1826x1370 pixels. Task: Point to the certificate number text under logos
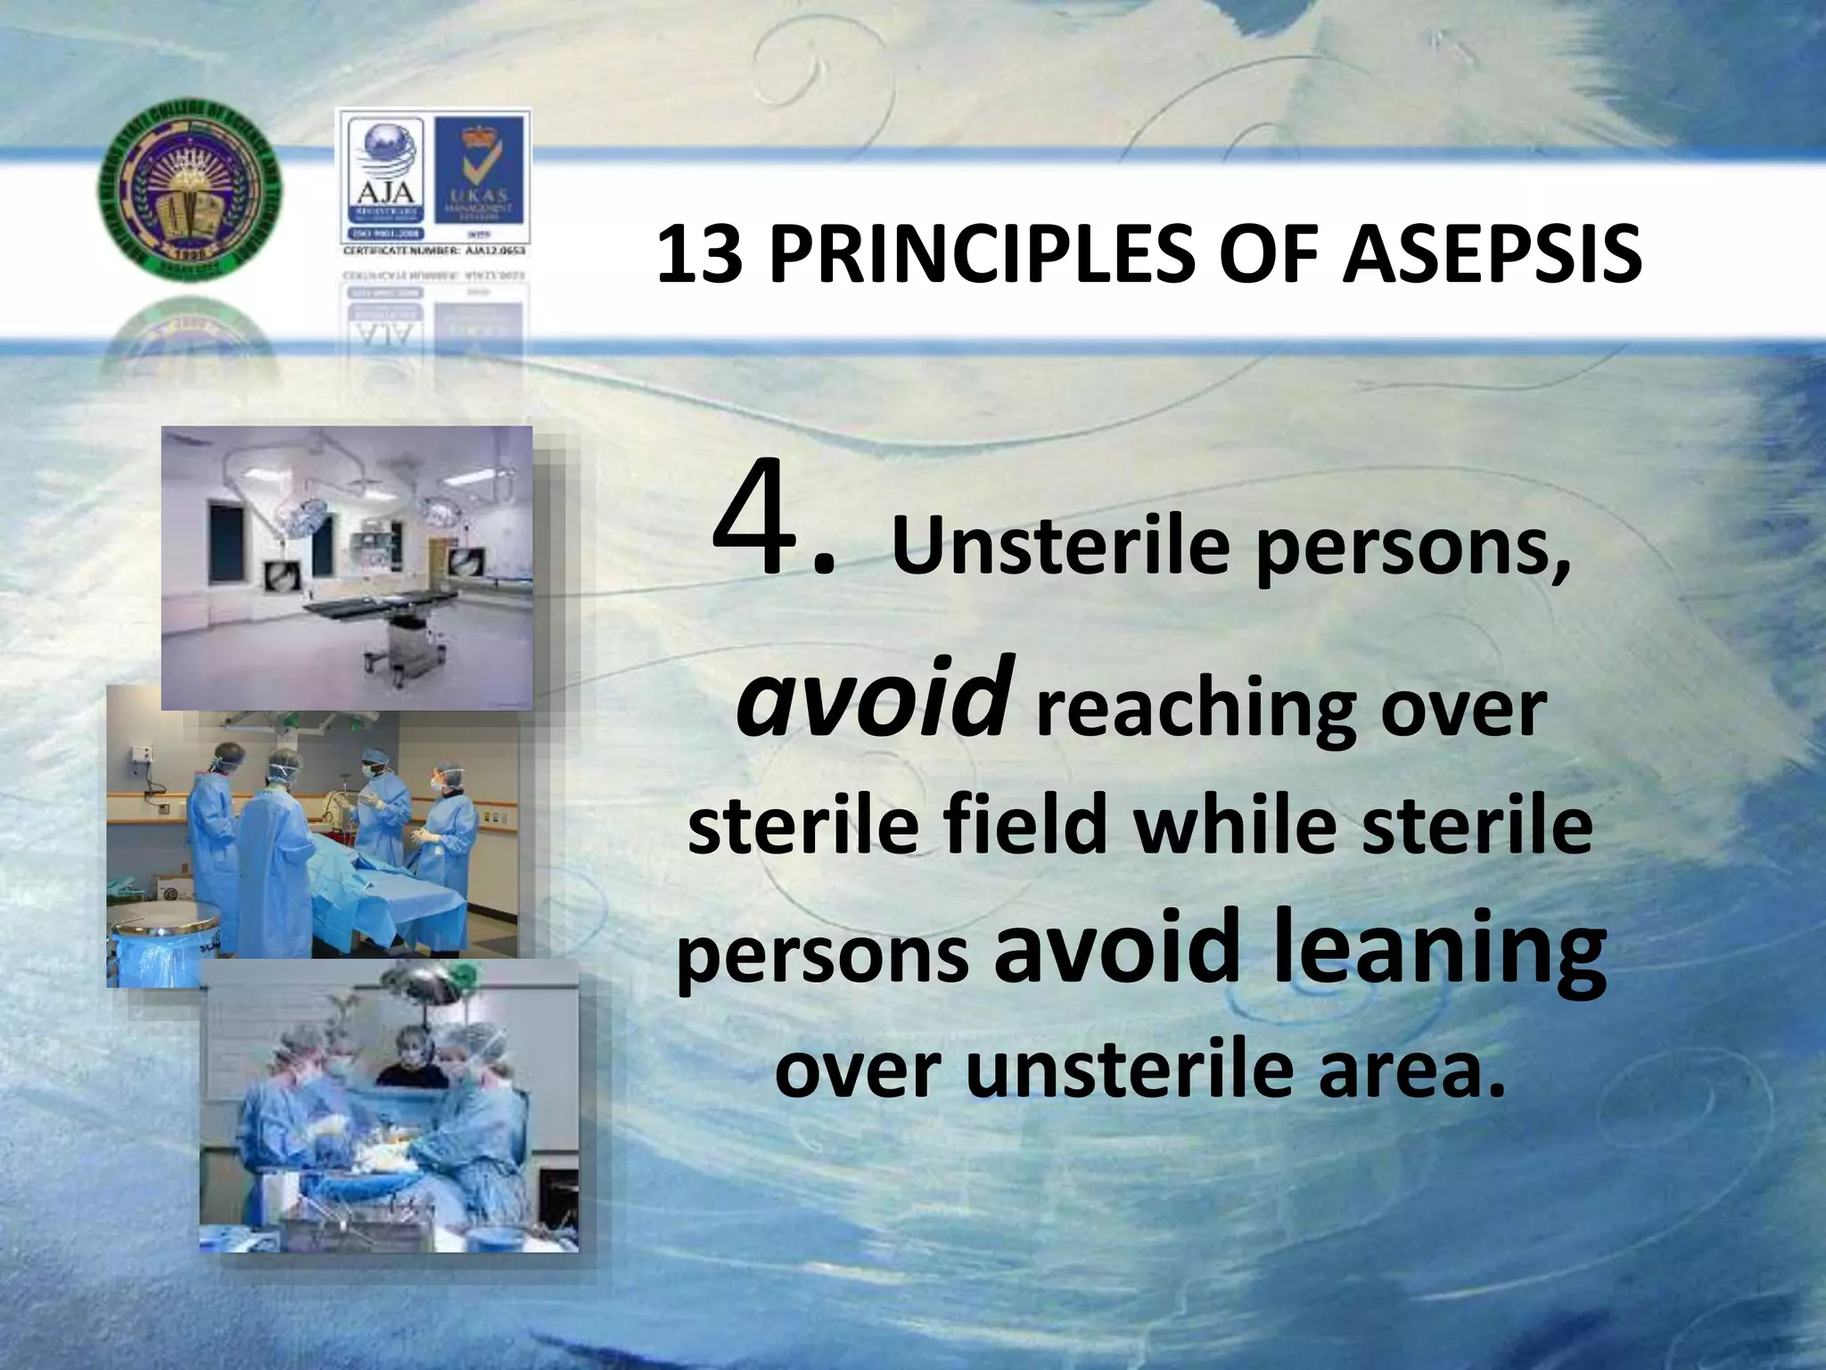pos(434,252)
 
